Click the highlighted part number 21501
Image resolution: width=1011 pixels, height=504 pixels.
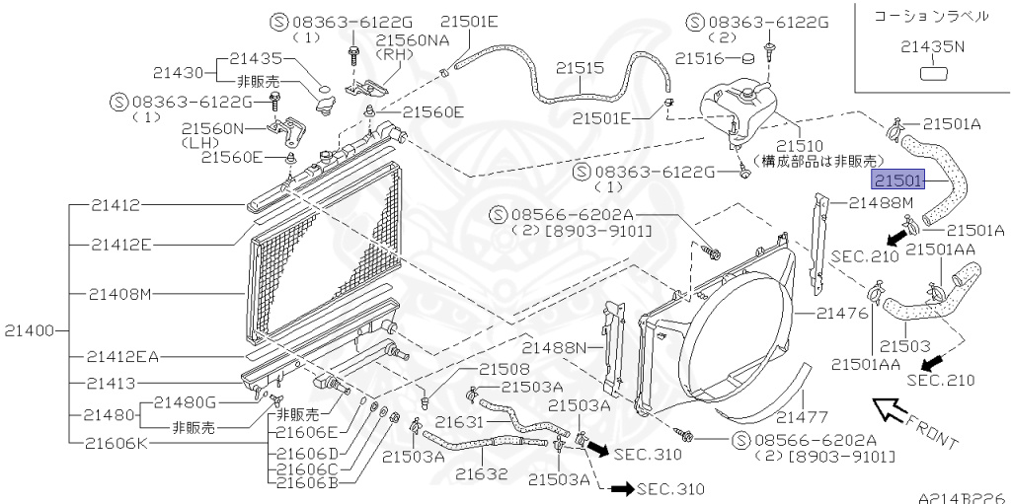pos(896,180)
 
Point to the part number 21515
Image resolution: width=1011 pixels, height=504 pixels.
pos(579,68)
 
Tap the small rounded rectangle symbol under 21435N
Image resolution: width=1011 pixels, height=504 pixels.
pos(932,72)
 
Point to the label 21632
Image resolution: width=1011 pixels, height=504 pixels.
pos(481,473)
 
